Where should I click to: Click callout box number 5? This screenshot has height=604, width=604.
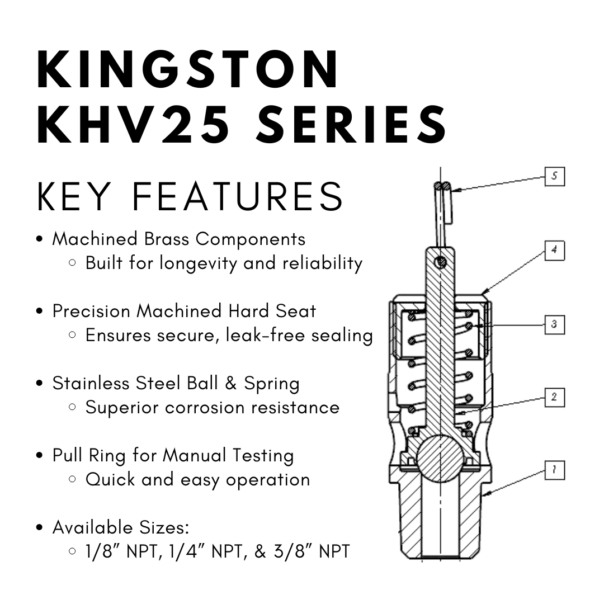pyautogui.click(x=554, y=177)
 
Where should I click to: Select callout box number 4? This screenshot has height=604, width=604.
pyautogui.click(x=554, y=251)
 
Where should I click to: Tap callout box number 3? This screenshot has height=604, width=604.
pyautogui.click(x=554, y=324)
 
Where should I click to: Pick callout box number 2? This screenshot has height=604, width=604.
pyautogui.click(x=554, y=398)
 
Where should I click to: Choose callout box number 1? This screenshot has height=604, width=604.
pyautogui.click(x=554, y=470)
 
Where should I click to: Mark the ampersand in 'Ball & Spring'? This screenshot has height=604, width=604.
pyautogui.click(x=228, y=384)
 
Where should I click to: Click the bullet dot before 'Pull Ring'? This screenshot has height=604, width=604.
pyautogui.click(x=40, y=456)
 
